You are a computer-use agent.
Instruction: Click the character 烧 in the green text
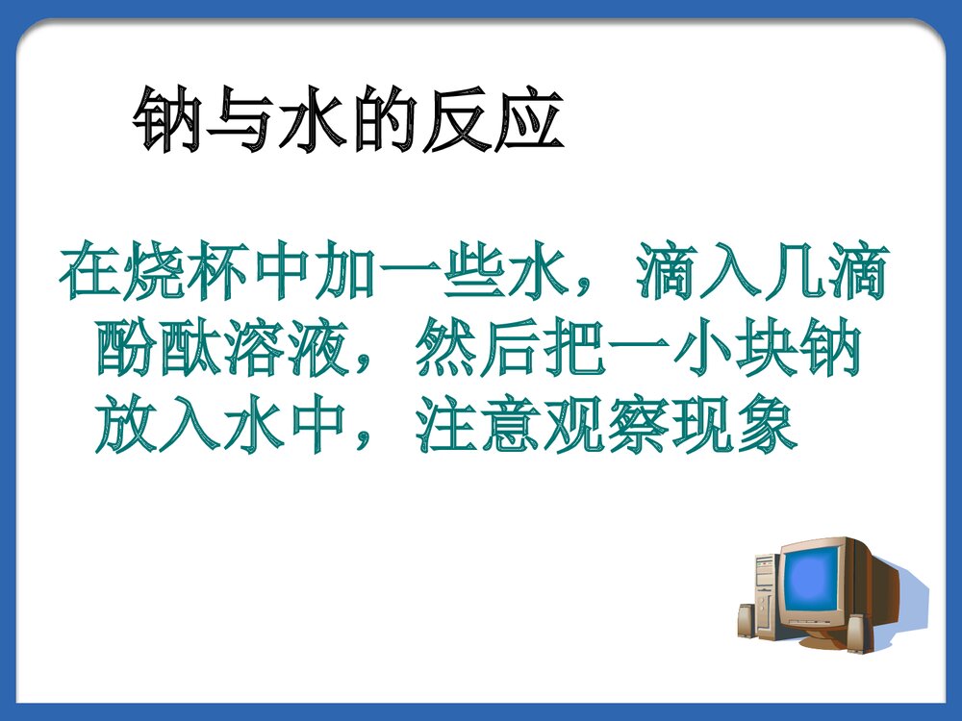tap(153, 275)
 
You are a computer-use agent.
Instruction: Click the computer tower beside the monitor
tap(766, 596)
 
